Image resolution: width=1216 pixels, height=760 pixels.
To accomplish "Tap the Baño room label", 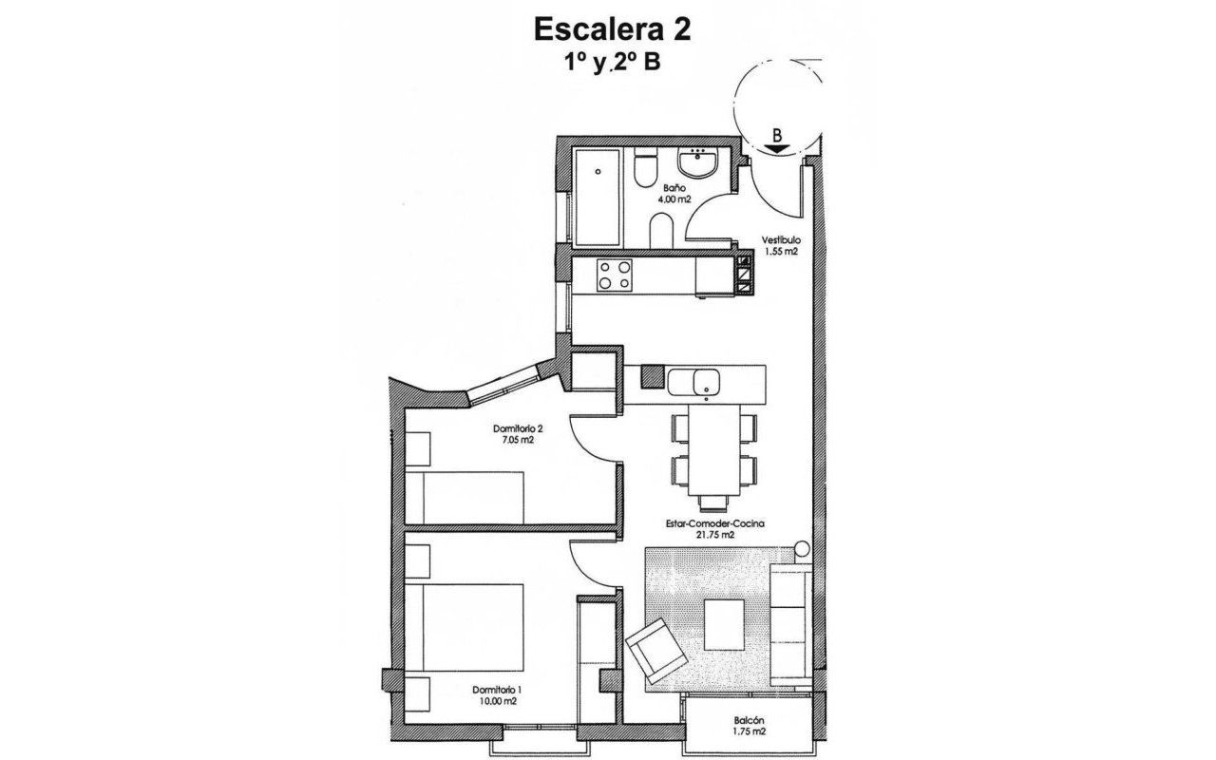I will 675,189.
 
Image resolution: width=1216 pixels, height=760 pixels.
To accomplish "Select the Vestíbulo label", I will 781,240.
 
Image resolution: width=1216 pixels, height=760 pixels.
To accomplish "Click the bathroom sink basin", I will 702,164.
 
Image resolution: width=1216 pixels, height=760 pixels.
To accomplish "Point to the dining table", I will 715,452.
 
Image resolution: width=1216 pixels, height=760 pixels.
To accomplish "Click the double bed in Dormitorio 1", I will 465,628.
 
